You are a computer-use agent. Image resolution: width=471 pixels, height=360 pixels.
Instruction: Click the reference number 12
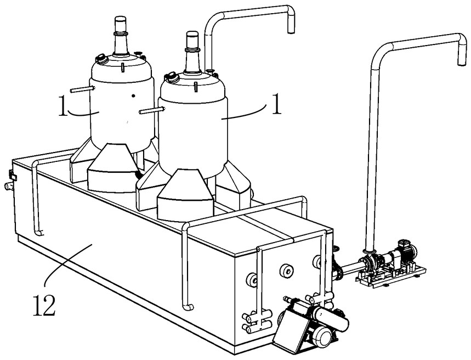click(44, 305)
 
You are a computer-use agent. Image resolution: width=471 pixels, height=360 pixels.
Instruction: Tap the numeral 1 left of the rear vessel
click(63, 105)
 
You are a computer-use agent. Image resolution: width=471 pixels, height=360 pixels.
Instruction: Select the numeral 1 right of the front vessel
click(276, 104)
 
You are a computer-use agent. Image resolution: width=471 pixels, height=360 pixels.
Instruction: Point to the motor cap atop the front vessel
click(192, 38)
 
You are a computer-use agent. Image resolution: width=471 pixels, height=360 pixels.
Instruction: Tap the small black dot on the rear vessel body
click(133, 96)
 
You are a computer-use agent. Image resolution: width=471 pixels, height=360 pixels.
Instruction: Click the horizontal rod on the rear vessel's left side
click(83, 89)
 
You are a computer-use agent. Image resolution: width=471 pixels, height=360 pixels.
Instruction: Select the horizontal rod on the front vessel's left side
click(152, 110)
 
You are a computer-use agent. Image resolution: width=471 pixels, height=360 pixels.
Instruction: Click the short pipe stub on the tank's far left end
click(8, 186)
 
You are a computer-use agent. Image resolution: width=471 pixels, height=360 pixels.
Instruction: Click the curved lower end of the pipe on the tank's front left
click(39, 232)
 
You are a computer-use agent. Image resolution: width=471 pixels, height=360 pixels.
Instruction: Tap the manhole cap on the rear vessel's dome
click(101, 59)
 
